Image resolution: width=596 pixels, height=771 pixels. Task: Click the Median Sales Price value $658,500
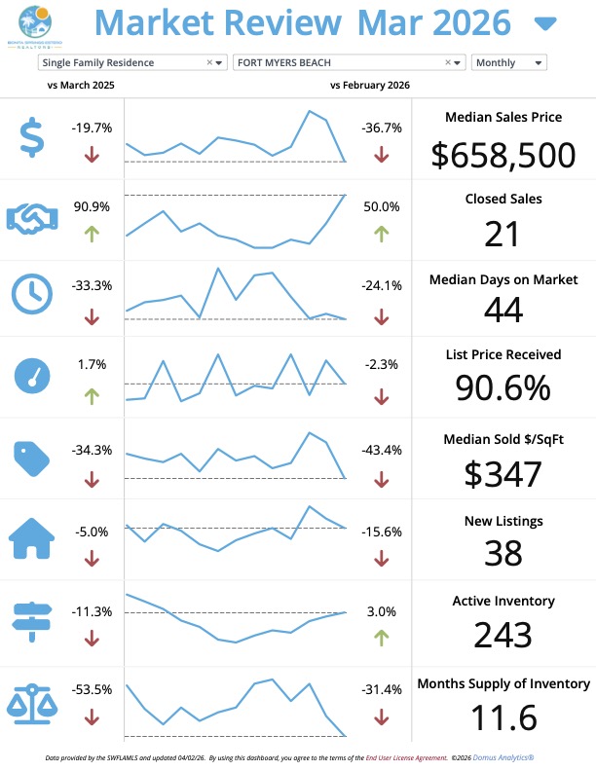coord(503,154)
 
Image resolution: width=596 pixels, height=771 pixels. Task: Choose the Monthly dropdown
coord(508,62)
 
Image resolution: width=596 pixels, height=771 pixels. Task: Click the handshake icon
coord(32,219)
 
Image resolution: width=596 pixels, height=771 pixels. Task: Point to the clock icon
coord(32,293)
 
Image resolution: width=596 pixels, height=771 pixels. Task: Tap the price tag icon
coord(32,455)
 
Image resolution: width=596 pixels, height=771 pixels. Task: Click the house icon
coord(32,537)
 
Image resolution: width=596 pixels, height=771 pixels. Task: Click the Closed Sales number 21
coord(503,234)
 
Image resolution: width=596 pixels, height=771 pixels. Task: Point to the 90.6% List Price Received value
coord(503,387)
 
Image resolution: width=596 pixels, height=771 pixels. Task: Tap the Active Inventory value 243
coord(503,635)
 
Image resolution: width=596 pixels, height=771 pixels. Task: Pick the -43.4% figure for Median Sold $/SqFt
coord(381,450)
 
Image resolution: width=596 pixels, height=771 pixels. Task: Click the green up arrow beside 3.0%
coord(381,639)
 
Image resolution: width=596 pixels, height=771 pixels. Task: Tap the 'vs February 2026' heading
coord(370,86)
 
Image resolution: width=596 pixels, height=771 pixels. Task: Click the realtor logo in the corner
coord(33,23)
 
